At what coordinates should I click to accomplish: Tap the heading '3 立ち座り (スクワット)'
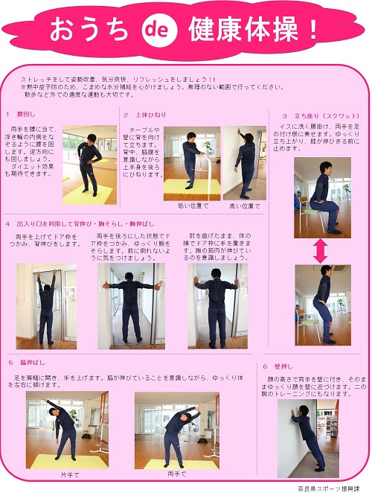(311, 116)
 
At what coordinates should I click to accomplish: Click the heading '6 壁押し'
(278, 366)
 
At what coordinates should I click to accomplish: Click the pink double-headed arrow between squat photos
(321, 250)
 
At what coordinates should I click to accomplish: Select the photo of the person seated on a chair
(321, 196)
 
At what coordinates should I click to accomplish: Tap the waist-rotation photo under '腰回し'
(89, 165)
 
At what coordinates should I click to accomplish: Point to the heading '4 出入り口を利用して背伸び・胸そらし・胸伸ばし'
(82, 223)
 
